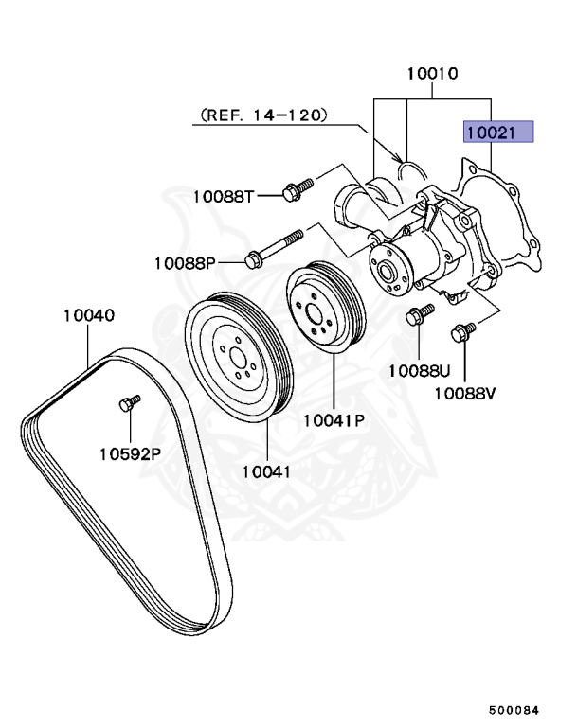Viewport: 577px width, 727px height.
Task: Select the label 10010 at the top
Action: [x=433, y=73]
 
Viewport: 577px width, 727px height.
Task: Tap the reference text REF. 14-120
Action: [x=262, y=115]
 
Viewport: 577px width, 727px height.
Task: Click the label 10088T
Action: [x=224, y=196]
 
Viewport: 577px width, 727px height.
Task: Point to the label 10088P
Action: [x=186, y=260]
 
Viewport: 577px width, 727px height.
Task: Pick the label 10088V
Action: [x=465, y=391]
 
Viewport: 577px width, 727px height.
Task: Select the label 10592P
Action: [x=130, y=452]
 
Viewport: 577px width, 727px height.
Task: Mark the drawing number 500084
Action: [x=520, y=707]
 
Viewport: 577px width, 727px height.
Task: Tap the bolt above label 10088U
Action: [x=418, y=314]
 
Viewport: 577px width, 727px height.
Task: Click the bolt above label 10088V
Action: [x=462, y=332]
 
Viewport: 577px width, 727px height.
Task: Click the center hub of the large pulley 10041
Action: [x=237, y=358]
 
